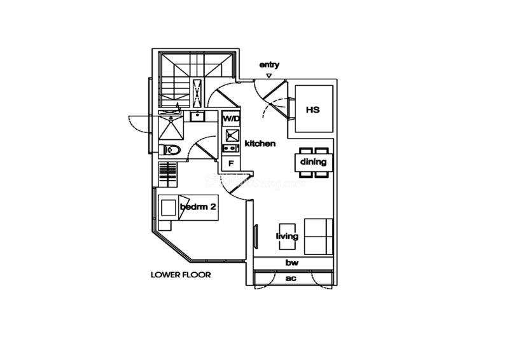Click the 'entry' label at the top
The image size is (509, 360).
click(269, 65)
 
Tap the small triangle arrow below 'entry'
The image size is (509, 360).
click(269, 76)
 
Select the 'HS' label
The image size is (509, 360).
click(312, 109)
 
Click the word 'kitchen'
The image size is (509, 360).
click(260, 144)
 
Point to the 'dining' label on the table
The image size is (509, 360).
click(314, 162)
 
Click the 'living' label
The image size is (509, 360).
click(287, 237)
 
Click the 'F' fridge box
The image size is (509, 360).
click(230, 163)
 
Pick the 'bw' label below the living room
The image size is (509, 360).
click(292, 263)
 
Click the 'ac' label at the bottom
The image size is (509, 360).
click(291, 279)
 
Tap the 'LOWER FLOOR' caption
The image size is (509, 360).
click(181, 275)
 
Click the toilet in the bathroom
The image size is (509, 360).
click(172, 150)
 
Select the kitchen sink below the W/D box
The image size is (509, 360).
click(229, 135)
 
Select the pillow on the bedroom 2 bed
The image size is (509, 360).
click(169, 208)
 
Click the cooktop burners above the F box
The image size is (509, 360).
click(229, 149)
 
